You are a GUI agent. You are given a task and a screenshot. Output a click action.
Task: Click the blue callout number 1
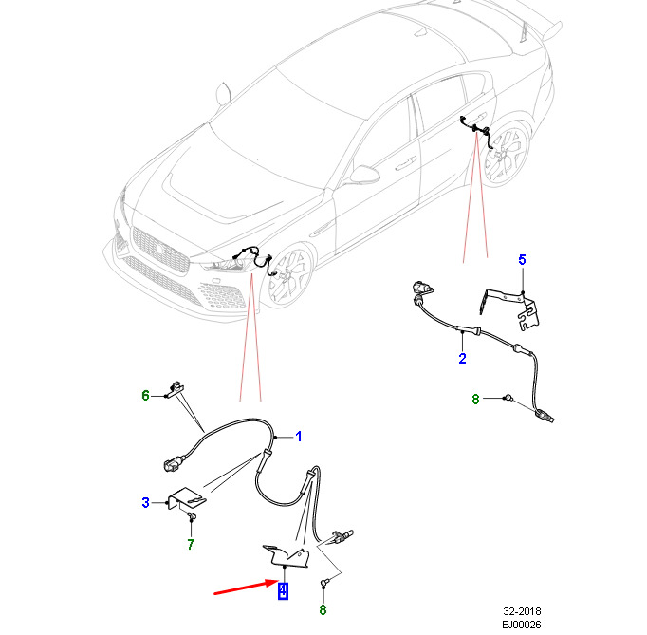click(299, 437)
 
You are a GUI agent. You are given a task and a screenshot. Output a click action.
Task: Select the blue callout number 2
click(462, 359)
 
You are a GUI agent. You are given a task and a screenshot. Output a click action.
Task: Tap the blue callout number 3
click(145, 503)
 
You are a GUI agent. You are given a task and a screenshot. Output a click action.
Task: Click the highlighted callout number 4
click(283, 590)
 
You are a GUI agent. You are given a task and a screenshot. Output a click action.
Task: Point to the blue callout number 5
click(522, 260)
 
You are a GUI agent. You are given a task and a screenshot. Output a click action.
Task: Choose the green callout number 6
click(145, 396)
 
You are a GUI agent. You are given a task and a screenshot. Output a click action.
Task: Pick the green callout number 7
click(191, 545)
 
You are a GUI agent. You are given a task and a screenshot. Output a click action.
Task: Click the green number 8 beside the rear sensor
click(475, 400)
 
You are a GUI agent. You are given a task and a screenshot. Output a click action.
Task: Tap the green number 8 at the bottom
click(323, 609)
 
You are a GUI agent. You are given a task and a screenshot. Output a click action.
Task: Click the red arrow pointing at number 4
click(246, 588)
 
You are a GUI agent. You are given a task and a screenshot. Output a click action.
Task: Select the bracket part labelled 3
click(187, 498)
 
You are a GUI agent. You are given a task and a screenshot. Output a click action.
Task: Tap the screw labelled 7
click(192, 515)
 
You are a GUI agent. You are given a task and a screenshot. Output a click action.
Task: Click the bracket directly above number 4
click(287, 557)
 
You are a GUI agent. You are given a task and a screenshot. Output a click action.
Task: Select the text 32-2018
click(522, 611)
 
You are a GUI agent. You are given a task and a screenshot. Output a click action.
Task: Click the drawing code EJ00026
click(522, 625)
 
